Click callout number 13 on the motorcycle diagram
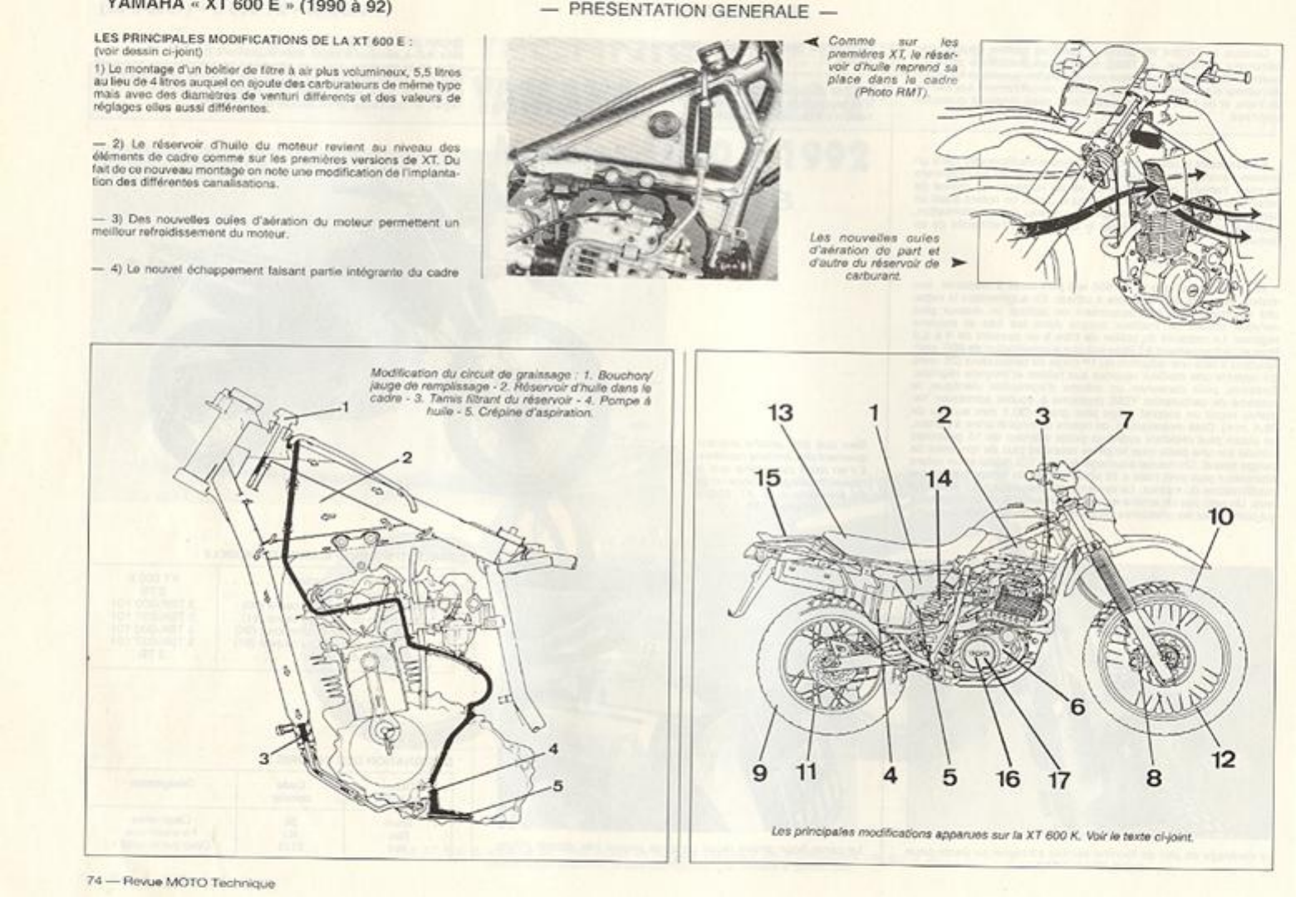[780, 412]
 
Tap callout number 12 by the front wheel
[1224, 758]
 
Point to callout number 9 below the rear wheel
[759, 772]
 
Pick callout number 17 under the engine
[1058, 779]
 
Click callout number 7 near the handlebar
[1127, 419]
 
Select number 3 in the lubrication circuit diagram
[263, 757]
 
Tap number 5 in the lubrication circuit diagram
[557, 784]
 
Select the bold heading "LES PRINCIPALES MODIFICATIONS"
[253, 38]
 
